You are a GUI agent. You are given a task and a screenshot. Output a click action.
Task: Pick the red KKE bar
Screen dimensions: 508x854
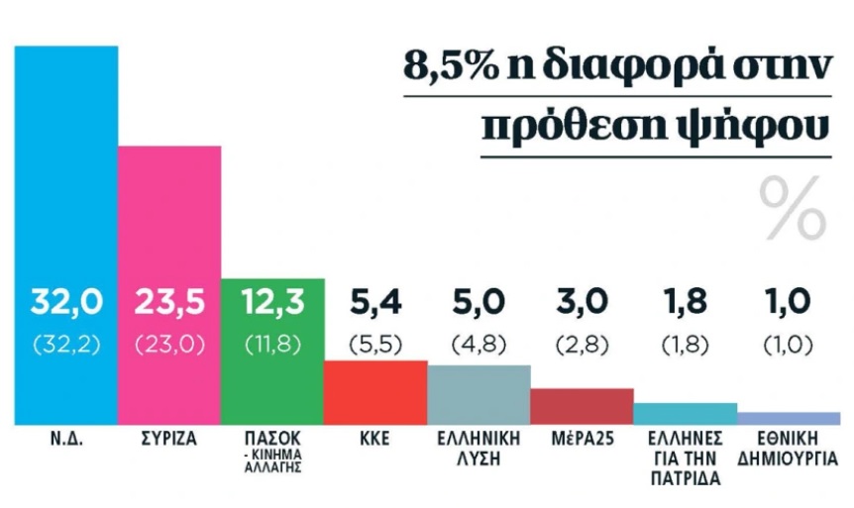coord(375,391)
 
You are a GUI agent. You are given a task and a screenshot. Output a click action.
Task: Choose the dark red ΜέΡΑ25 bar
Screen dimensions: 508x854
coord(582,405)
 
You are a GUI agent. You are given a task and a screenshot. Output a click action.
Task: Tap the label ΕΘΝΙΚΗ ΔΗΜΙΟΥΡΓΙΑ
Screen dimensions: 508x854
coord(789,448)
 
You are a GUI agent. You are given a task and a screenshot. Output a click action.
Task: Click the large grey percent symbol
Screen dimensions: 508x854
coord(793,208)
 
